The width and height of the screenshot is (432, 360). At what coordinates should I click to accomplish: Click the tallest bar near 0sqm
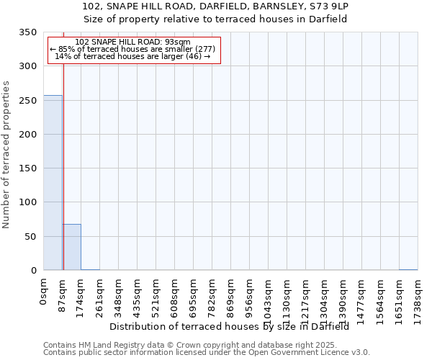click(x=53, y=183)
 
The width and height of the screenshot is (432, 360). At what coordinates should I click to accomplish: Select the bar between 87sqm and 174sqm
click(x=71, y=247)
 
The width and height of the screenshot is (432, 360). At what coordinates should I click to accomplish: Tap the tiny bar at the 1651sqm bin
click(x=408, y=269)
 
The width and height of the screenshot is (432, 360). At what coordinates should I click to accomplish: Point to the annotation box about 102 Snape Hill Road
click(x=133, y=49)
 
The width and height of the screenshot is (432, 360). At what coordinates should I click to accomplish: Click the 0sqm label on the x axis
click(x=44, y=292)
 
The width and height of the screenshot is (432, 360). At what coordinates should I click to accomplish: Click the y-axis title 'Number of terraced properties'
click(x=6, y=154)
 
